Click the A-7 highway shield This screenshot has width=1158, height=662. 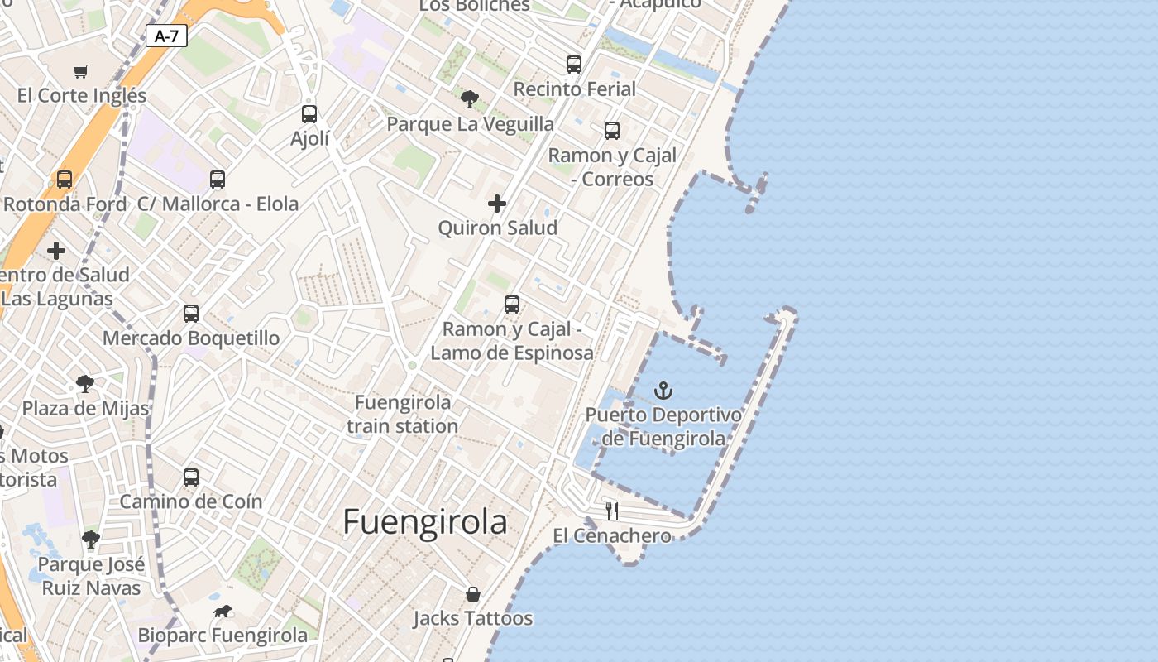166,36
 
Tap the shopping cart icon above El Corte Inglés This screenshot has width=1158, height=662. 80,71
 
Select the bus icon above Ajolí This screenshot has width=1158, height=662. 309,114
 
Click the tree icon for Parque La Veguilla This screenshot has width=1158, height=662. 470,99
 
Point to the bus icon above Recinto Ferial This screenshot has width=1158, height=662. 574,64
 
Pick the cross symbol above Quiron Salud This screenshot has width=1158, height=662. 497,203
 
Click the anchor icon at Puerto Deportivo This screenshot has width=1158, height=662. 663,390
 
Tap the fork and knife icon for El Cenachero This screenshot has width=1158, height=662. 612,511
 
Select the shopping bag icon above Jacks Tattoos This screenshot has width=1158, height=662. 473,594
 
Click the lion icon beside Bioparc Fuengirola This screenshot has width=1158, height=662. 223,612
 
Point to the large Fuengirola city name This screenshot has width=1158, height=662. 425,522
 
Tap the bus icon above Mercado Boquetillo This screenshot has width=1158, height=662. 191,314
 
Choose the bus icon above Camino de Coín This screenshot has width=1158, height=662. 191,477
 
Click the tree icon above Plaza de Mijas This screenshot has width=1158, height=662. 84,383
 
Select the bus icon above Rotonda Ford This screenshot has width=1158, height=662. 64,179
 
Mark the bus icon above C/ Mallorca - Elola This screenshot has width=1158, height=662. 218,179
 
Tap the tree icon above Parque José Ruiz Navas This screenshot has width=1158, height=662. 91,540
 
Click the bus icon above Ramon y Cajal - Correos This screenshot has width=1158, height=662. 612,130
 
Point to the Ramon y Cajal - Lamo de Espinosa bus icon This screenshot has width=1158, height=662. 512,305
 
